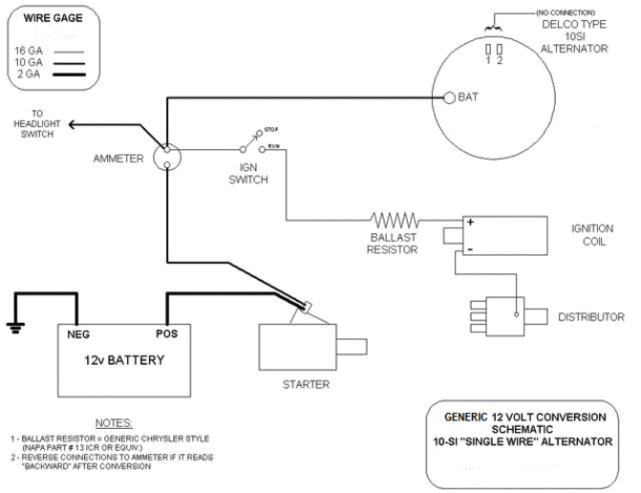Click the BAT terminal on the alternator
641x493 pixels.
coord(449,96)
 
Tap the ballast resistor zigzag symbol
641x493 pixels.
coord(395,220)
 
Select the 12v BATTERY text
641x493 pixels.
coord(123,360)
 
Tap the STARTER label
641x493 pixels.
coord(306,384)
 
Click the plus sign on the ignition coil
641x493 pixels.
coord(471,223)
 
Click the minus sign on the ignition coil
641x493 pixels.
coord(471,248)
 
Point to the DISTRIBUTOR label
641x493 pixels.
coord(591,317)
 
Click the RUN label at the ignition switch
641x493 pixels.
coord(273,146)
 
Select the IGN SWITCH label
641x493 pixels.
coord(248,172)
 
